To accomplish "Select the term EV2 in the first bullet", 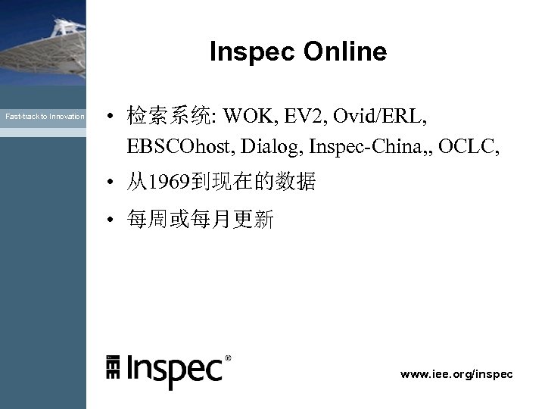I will [x=304, y=117].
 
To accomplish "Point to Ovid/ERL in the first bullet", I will [x=384, y=117].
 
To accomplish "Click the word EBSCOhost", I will [x=181, y=145].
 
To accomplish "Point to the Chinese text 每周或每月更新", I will [x=201, y=220].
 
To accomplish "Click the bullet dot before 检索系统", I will [x=111, y=117].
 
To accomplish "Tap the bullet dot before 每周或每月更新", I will [x=111, y=220].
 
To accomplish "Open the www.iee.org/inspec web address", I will [x=456, y=374].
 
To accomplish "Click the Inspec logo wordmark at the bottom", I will [x=174, y=370].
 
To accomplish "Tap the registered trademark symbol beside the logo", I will [x=229, y=357].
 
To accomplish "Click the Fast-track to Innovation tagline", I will [x=45, y=117].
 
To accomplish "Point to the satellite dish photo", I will [x=42, y=42].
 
